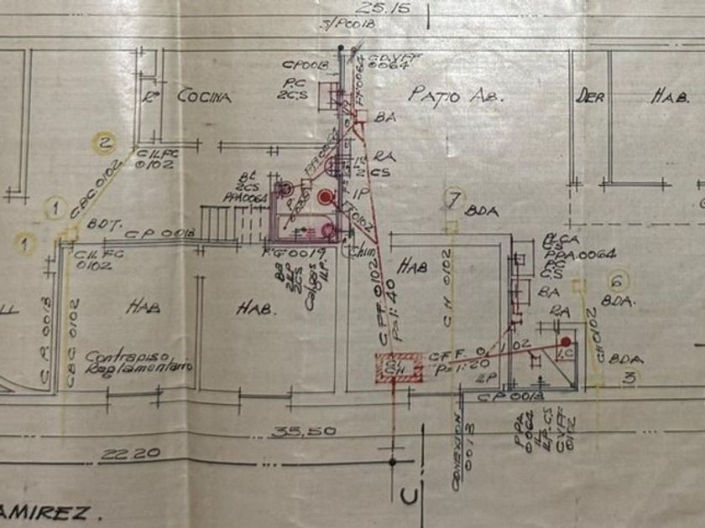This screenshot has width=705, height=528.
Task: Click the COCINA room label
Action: coord(204,96)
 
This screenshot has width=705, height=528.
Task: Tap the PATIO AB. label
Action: coord(454,95)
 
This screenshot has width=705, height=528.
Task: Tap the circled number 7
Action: coord(453,199)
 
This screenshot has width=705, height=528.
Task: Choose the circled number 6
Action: coord(619,282)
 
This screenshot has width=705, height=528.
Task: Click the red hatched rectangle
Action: coord(400,365)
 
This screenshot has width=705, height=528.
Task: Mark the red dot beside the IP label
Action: coord(326,197)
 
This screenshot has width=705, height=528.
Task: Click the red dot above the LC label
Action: coord(566,342)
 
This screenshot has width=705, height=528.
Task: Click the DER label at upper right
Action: coord(590,96)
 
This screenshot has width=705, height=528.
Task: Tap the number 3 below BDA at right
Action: coord(627,378)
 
